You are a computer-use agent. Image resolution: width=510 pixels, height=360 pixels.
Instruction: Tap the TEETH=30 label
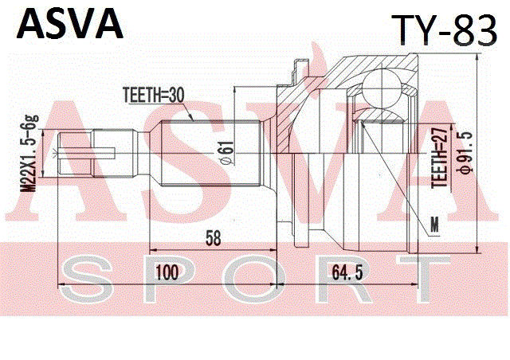[153, 95]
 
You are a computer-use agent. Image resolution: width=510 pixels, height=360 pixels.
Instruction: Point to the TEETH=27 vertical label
[437, 158]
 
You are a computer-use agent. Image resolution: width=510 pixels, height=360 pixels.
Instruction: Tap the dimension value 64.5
[348, 273]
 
